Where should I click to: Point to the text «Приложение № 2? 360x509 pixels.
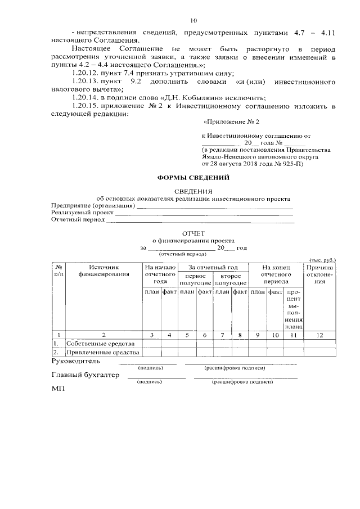click(x=231, y=121)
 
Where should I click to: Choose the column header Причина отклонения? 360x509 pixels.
click(x=319, y=274)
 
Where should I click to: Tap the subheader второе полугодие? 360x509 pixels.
click(x=231, y=280)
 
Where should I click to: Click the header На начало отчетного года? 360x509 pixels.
click(x=160, y=274)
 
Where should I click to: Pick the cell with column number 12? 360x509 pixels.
click(x=319, y=335)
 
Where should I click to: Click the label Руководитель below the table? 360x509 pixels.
click(x=76, y=361)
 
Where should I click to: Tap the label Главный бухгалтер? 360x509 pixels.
click(x=85, y=375)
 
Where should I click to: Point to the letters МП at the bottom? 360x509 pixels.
click(x=58, y=389)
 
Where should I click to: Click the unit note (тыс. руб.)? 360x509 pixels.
click(x=322, y=260)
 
